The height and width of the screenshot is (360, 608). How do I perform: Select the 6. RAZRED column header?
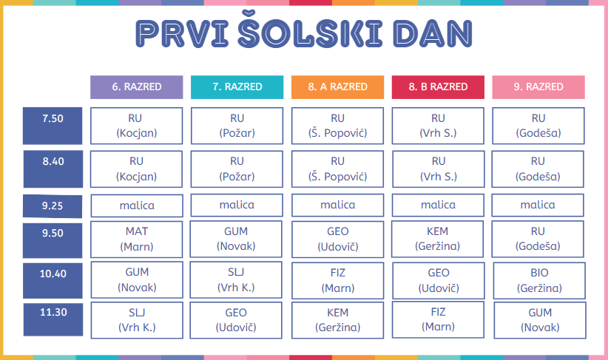[137, 87]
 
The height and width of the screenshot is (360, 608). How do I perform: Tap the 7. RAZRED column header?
[237, 87]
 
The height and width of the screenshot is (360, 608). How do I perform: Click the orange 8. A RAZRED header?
[337, 87]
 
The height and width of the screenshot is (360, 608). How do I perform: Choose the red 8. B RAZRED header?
[438, 87]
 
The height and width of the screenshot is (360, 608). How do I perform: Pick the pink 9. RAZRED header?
[538, 87]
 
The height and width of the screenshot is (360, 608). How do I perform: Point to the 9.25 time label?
[53, 206]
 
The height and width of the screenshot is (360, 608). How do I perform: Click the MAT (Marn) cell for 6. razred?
[137, 239]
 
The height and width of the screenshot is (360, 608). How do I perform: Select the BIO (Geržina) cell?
[539, 281]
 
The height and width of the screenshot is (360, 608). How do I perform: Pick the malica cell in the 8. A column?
[337, 205]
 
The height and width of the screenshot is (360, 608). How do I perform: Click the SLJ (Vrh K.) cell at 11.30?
[137, 320]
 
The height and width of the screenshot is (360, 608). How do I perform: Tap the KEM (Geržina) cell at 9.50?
[437, 239]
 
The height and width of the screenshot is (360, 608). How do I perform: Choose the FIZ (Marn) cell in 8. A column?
[337, 281]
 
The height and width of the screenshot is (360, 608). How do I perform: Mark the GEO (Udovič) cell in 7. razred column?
[236, 320]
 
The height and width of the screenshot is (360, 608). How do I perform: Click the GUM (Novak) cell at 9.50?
[236, 239]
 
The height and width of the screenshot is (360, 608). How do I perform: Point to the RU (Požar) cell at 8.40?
[237, 169]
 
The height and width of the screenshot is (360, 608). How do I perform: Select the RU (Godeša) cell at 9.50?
[538, 239]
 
